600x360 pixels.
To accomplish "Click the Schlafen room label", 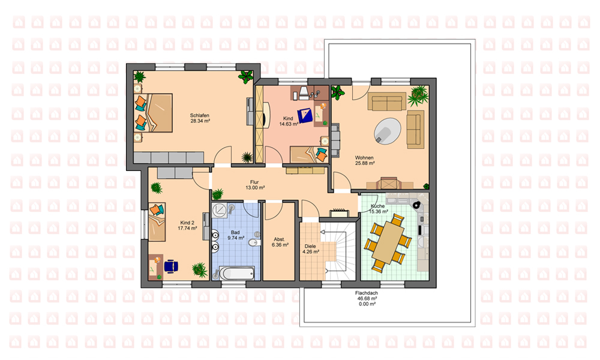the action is [x=199, y=116].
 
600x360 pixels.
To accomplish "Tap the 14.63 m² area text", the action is [x=289, y=124].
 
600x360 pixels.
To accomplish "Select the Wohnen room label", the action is [x=364, y=158].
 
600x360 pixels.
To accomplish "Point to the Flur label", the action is [x=254, y=182].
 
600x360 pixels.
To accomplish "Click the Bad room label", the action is [x=235, y=232].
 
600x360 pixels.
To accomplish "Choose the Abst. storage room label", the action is [x=280, y=239].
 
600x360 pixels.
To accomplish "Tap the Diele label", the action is [x=311, y=247].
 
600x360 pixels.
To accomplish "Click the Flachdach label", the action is [x=367, y=293].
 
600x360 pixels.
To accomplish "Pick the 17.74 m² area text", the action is [x=187, y=228].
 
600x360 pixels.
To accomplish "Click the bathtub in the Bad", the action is [x=237, y=273].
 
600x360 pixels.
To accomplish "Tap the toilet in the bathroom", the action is [x=254, y=243].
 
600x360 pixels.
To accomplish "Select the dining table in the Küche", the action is [x=388, y=242].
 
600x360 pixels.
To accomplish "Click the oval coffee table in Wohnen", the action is [x=387, y=131].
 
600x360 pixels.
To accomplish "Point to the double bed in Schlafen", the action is [x=153, y=113].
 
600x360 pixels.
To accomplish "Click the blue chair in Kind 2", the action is [x=170, y=266].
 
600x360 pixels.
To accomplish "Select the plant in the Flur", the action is [x=217, y=194].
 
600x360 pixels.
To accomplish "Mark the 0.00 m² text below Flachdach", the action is [x=367, y=304].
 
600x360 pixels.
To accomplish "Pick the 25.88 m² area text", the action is [x=365, y=163].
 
